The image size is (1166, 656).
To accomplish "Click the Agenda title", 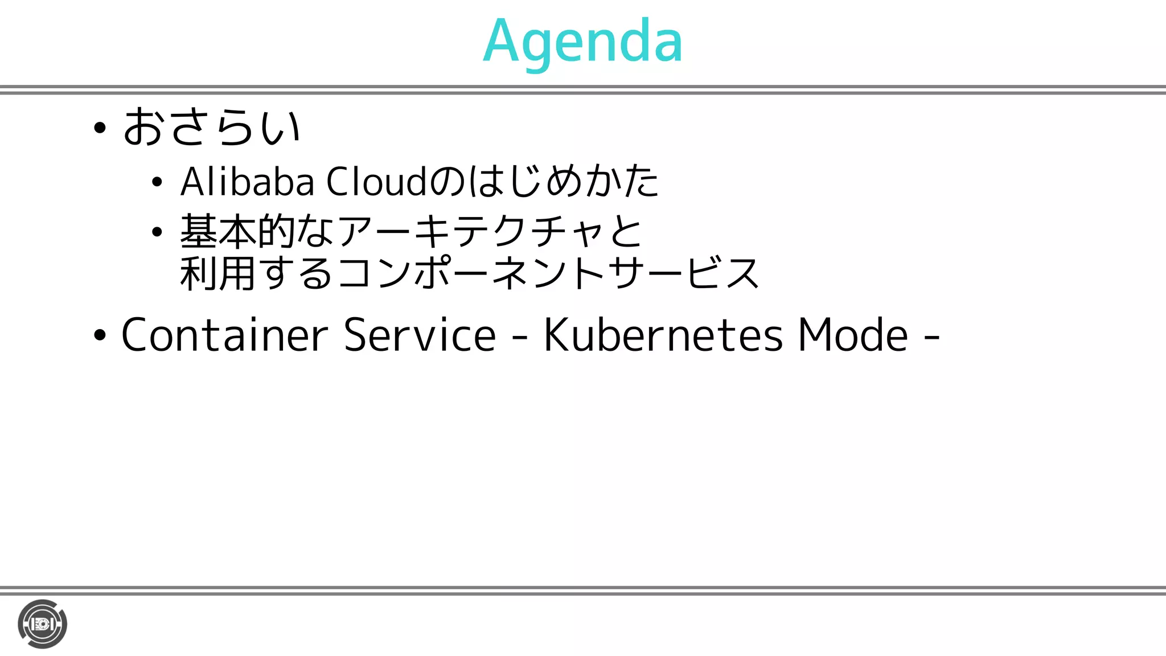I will point(582,41).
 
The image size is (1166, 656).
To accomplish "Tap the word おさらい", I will point(211,127).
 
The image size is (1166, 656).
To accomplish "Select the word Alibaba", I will point(247,182).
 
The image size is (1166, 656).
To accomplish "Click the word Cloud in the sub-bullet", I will point(376,182).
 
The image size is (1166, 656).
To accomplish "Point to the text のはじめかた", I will point(544,182).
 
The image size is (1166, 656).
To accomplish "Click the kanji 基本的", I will point(237,232).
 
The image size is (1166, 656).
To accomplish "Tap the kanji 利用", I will point(217,274).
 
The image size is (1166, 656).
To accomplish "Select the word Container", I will point(225,335).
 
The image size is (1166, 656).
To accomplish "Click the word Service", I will point(420,335).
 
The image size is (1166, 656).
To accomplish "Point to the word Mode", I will point(852,335).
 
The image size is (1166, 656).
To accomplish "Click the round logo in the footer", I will point(42,624).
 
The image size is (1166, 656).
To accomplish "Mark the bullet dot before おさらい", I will point(100,129).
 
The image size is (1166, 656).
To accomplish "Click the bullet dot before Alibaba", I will point(157,183).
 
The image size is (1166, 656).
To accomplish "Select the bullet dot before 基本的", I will point(157,232).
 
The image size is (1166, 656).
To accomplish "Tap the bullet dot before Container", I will point(100,336).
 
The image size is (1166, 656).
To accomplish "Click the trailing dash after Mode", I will point(931,337).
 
